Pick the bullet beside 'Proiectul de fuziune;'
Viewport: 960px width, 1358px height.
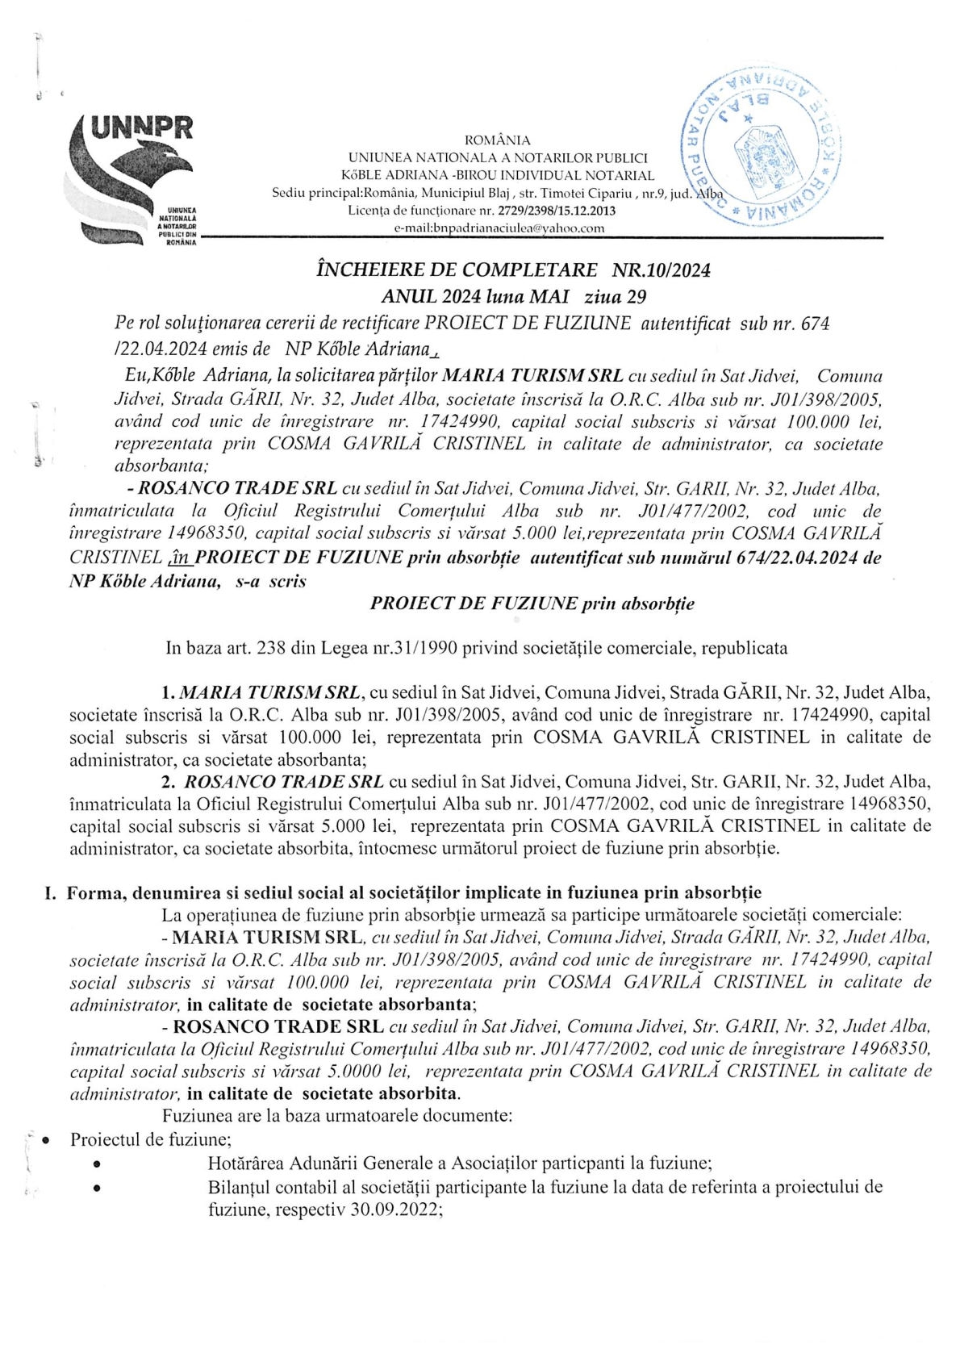(46, 1140)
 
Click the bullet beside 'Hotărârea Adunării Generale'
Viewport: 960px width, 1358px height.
(98, 1164)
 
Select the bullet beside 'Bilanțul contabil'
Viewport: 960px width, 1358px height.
(98, 1188)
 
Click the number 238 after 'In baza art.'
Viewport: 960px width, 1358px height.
(273, 647)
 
